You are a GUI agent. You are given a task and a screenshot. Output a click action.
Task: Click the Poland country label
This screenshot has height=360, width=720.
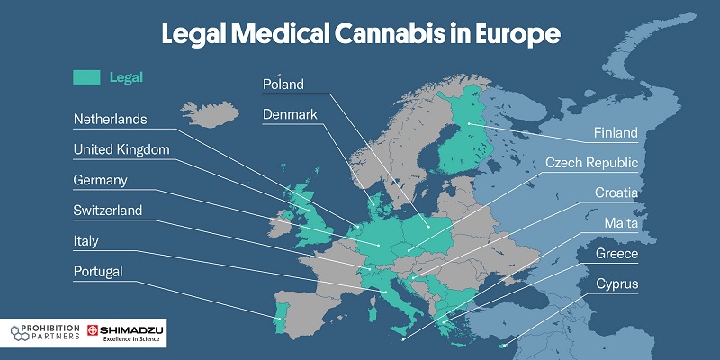283,85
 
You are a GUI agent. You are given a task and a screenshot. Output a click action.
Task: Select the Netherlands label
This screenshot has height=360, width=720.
110,119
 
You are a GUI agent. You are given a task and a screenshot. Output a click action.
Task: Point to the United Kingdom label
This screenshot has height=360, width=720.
121,149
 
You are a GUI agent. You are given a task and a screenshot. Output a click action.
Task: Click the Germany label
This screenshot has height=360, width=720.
100,180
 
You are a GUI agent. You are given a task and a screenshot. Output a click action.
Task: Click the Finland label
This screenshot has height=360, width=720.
616,133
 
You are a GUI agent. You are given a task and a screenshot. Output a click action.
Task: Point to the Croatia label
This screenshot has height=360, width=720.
616,193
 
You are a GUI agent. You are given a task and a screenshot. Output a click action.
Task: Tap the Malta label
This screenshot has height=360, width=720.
621,223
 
